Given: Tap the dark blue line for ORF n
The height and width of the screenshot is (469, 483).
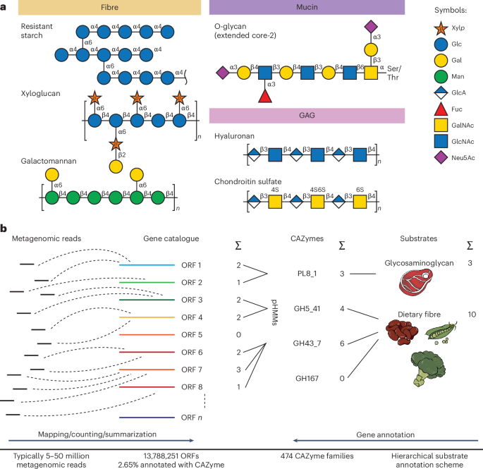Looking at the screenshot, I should pos(145,418).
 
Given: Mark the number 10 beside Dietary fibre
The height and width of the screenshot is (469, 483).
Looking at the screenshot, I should pos(470,315).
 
